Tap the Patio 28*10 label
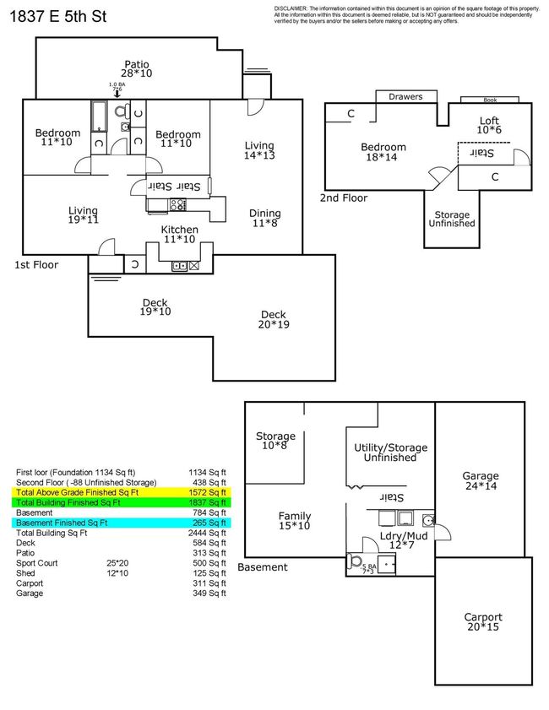(138, 69)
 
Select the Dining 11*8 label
(264, 218)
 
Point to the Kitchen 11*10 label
(180, 234)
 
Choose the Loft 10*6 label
(489, 125)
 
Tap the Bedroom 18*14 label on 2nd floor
(384, 152)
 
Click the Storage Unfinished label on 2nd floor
(453, 220)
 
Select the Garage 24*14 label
(481, 480)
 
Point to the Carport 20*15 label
(482, 622)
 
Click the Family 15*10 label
(294, 521)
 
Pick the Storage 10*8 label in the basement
(275, 441)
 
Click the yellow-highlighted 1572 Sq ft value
(206, 491)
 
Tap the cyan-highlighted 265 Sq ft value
(208, 523)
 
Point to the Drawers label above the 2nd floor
(405, 97)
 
